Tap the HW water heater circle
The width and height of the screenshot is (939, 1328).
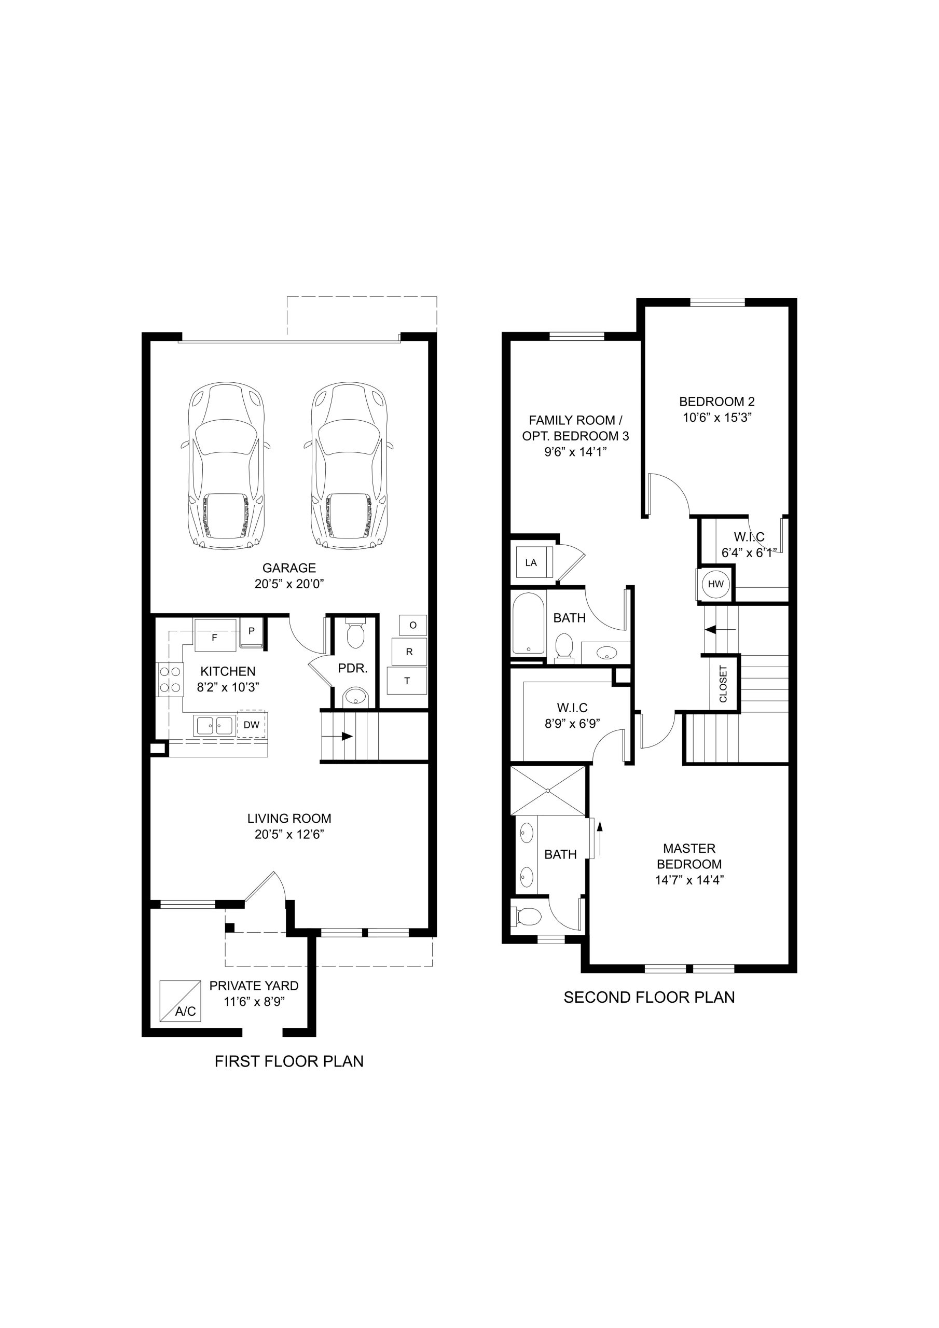[x=716, y=584]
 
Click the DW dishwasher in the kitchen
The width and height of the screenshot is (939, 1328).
[x=252, y=724]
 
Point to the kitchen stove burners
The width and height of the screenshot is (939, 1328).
[x=170, y=680]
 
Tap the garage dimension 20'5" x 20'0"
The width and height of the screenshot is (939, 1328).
[x=289, y=584]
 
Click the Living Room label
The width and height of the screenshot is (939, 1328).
[x=289, y=819]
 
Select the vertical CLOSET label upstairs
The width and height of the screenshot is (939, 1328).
[x=723, y=684]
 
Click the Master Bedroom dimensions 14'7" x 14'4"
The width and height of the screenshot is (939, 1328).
[x=689, y=880]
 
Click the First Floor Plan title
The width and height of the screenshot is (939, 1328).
[x=289, y=1061]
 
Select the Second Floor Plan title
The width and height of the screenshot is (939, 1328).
[x=649, y=997]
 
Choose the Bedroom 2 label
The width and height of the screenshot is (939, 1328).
[x=717, y=402]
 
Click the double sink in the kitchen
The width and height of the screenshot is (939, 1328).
[x=215, y=725]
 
